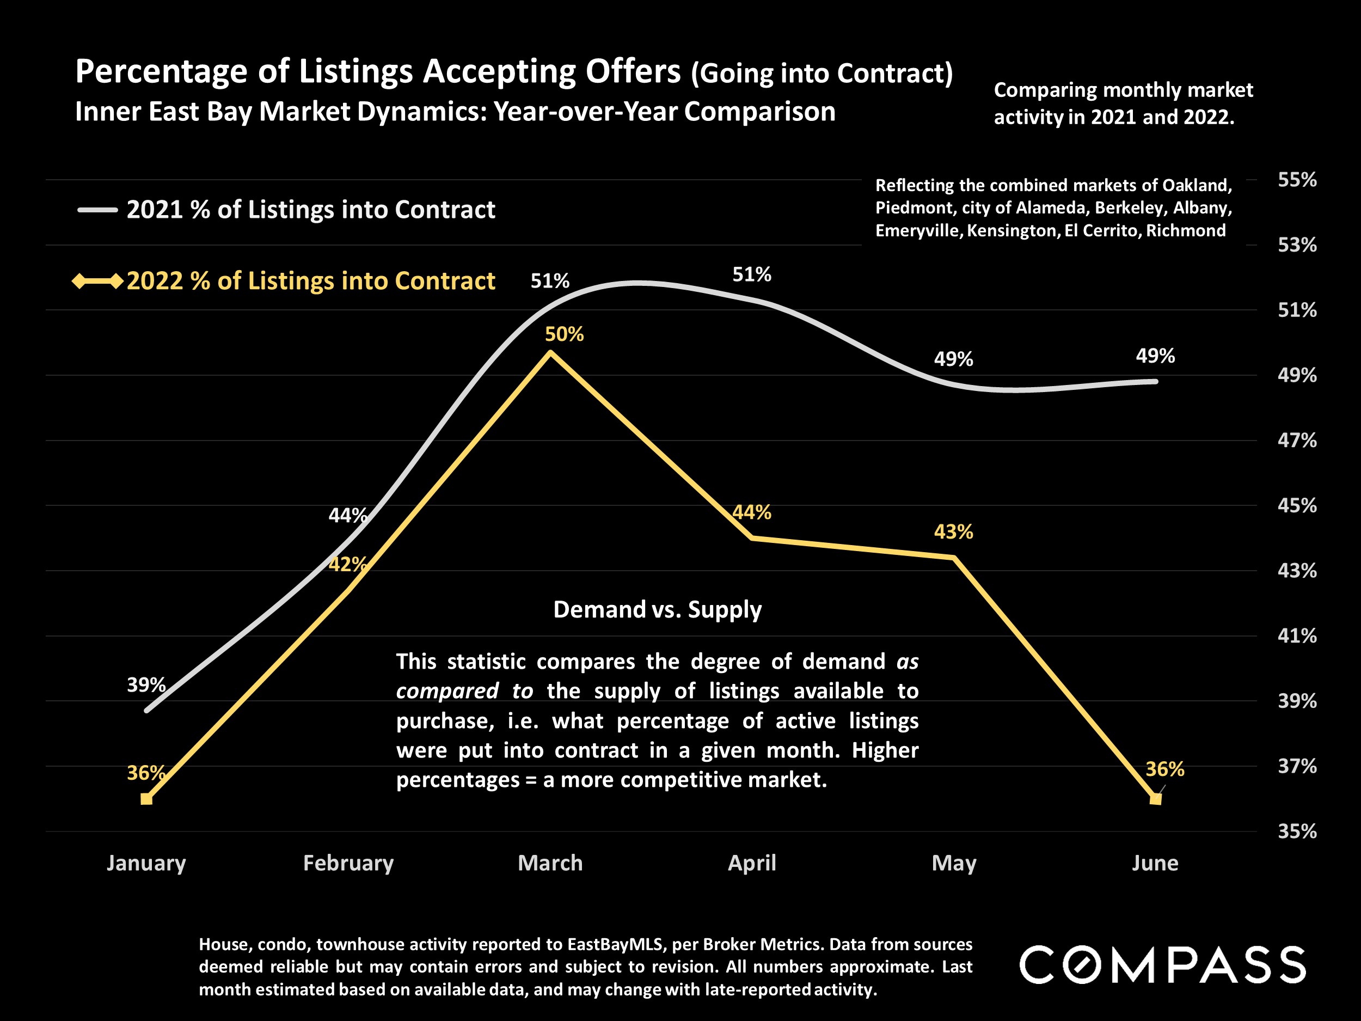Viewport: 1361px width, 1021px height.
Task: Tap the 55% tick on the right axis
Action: coord(1297,180)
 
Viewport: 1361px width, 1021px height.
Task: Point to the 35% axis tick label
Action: coord(1297,832)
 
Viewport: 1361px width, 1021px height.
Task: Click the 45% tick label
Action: coord(1297,506)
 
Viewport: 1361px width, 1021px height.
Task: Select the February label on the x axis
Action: coord(348,863)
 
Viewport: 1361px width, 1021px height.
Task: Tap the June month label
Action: coord(1155,863)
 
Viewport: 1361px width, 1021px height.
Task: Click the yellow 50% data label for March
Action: coord(563,334)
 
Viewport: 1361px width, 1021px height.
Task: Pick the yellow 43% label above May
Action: coord(953,531)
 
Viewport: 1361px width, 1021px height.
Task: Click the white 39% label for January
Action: coord(146,685)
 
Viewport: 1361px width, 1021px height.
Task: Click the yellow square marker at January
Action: coord(146,799)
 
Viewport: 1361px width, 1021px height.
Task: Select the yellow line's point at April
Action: coord(752,538)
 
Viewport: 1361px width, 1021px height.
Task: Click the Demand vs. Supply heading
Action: coord(657,609)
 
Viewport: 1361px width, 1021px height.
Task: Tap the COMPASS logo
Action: coord(1162,964)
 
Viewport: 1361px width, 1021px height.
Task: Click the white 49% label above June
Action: coord(1155,356)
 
